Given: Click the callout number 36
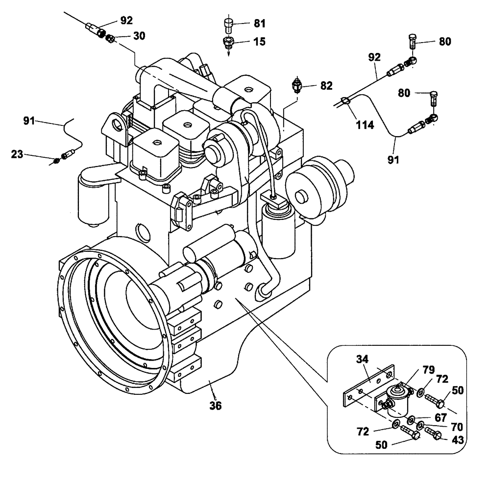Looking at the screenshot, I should [x=215, y=405].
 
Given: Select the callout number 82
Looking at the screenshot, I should [x=326, y=85].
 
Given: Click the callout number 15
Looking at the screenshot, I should [x=258, y=42].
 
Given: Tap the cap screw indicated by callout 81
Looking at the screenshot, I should [x=228, y=24].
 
